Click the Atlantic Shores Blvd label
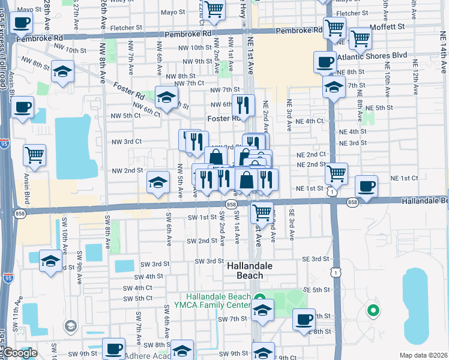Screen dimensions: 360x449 pyautogui.click(x=373, y=55)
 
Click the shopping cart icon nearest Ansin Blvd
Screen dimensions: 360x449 pyautogui.click(x=34, y=155)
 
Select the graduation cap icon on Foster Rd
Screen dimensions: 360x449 pyautogui.click(x=166, y=97)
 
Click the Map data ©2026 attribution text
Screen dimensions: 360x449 pyautogui.click(x=423, y=355)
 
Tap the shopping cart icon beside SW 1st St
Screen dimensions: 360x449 pyautogui.click(x=262, y=211)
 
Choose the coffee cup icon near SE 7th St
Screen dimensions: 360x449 pyautogui.click(x=304, y=319)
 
